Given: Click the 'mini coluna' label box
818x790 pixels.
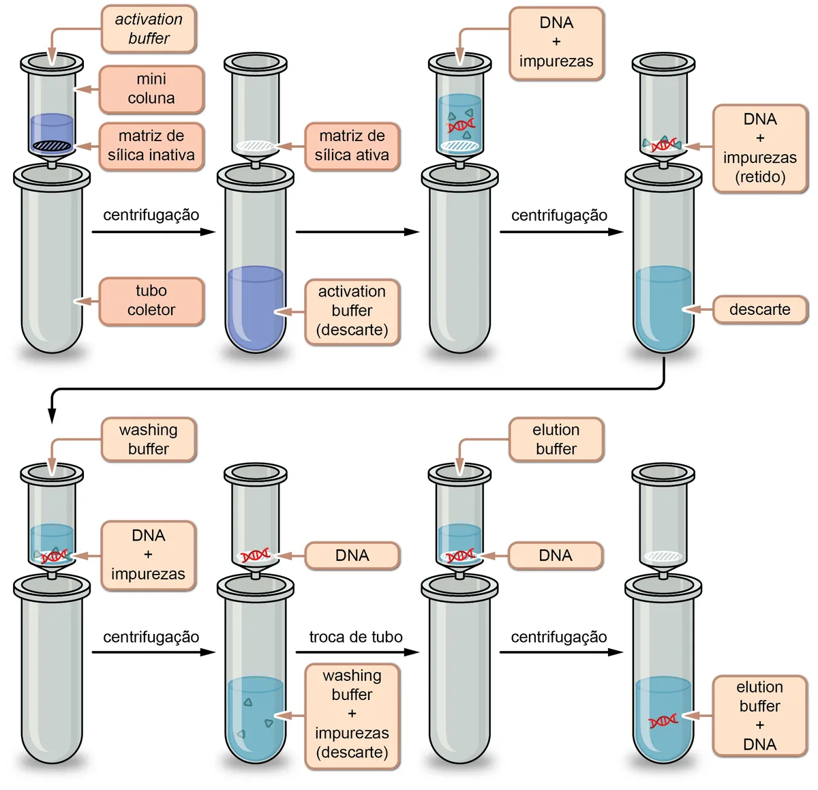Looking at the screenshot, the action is point(151,89).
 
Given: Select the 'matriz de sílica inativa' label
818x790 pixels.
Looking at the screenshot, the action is point(151,146).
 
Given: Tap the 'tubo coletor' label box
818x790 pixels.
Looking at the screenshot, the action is point(151,301).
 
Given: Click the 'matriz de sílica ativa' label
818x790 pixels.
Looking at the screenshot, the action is point(352,146).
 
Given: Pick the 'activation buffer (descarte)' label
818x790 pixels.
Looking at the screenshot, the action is point(352,312).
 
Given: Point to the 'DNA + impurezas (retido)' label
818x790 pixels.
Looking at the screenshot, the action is point(759,148).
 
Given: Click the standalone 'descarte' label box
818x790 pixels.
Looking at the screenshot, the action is point(759,309).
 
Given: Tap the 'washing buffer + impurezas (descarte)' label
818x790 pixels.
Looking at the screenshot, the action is point(352,716).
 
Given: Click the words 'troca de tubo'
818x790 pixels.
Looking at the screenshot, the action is point(356,637).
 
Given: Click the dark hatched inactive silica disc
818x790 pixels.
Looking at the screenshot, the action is point(52,146).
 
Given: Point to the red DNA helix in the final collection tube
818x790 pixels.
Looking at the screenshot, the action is point(663,721).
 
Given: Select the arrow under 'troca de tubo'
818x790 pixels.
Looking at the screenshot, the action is point(357,652).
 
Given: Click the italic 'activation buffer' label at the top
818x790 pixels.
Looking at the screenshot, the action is point(149,29).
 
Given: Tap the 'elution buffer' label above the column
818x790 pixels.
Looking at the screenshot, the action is point(556,439).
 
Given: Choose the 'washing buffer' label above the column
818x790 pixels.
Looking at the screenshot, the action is point(149,439).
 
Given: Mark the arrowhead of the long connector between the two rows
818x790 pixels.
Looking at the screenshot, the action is point(52,416).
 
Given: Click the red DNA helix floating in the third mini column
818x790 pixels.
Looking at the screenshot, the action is point(460,125).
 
